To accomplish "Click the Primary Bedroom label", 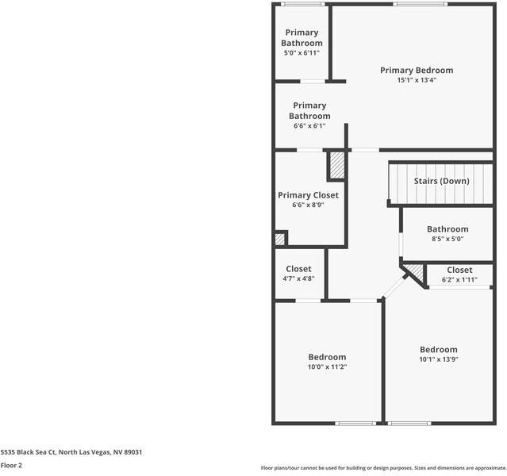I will point(417,70).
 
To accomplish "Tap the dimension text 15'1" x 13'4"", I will point(417,80).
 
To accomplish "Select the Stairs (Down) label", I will point(441,181).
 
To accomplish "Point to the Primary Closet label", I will point(308,195).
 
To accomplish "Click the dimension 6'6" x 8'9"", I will point(308,205).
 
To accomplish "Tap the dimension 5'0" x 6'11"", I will point(302,53).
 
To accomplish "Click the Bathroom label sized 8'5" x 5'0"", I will point(447,229).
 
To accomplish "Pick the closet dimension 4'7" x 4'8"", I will point(298,279).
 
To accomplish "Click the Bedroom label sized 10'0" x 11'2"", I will point(327,357).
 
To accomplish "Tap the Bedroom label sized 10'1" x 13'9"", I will point(438,350).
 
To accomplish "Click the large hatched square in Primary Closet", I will point(336,166).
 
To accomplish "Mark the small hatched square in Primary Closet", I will point(280,238).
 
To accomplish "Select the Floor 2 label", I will point(11,466).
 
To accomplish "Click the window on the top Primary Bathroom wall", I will point(298,5).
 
